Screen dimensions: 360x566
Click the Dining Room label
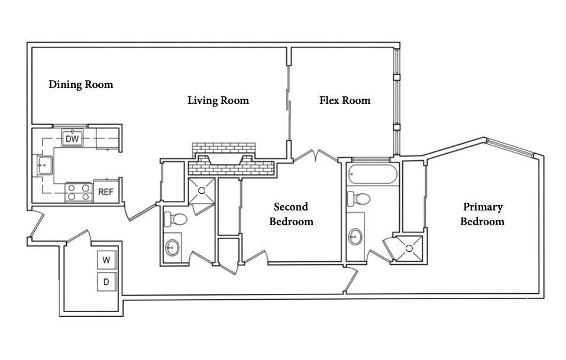click(x=80, y=85)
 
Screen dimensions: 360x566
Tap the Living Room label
click(x=218, y=100)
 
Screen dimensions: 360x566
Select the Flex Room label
click(x=345, y=100)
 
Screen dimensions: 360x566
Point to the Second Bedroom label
click(x=291, y=215)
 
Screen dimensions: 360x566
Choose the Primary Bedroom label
click(x=482, y=215)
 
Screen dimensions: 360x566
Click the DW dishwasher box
click(x=72, y=139)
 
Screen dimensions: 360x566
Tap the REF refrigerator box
click(x=105, y=192)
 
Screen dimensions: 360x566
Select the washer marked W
click(x=106, y=260)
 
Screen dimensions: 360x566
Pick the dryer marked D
click(x=106, y=282)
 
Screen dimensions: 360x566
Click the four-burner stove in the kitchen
click(x=79, y=192)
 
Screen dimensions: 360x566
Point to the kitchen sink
click(x=44, y=166)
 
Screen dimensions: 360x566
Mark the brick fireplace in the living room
click(x=231, y=160)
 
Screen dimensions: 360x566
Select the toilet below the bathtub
click(x=359, y=198)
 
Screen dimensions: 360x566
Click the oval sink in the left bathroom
click(x=172, y=247)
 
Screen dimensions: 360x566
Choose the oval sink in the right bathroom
click(x=355, y=237)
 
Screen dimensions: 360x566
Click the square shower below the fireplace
click(x=201, y=190)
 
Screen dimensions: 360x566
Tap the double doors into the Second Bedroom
click(x=315, y=157)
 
